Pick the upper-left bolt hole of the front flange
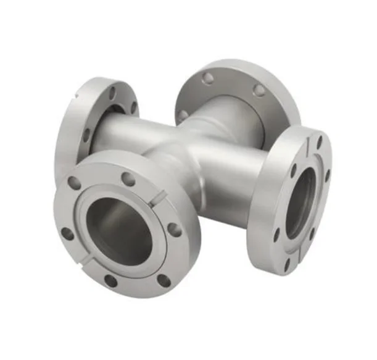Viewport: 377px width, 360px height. pos(75,183)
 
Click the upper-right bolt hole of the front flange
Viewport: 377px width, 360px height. pos(128,179)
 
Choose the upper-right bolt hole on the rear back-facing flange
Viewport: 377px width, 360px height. pos(259,90)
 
